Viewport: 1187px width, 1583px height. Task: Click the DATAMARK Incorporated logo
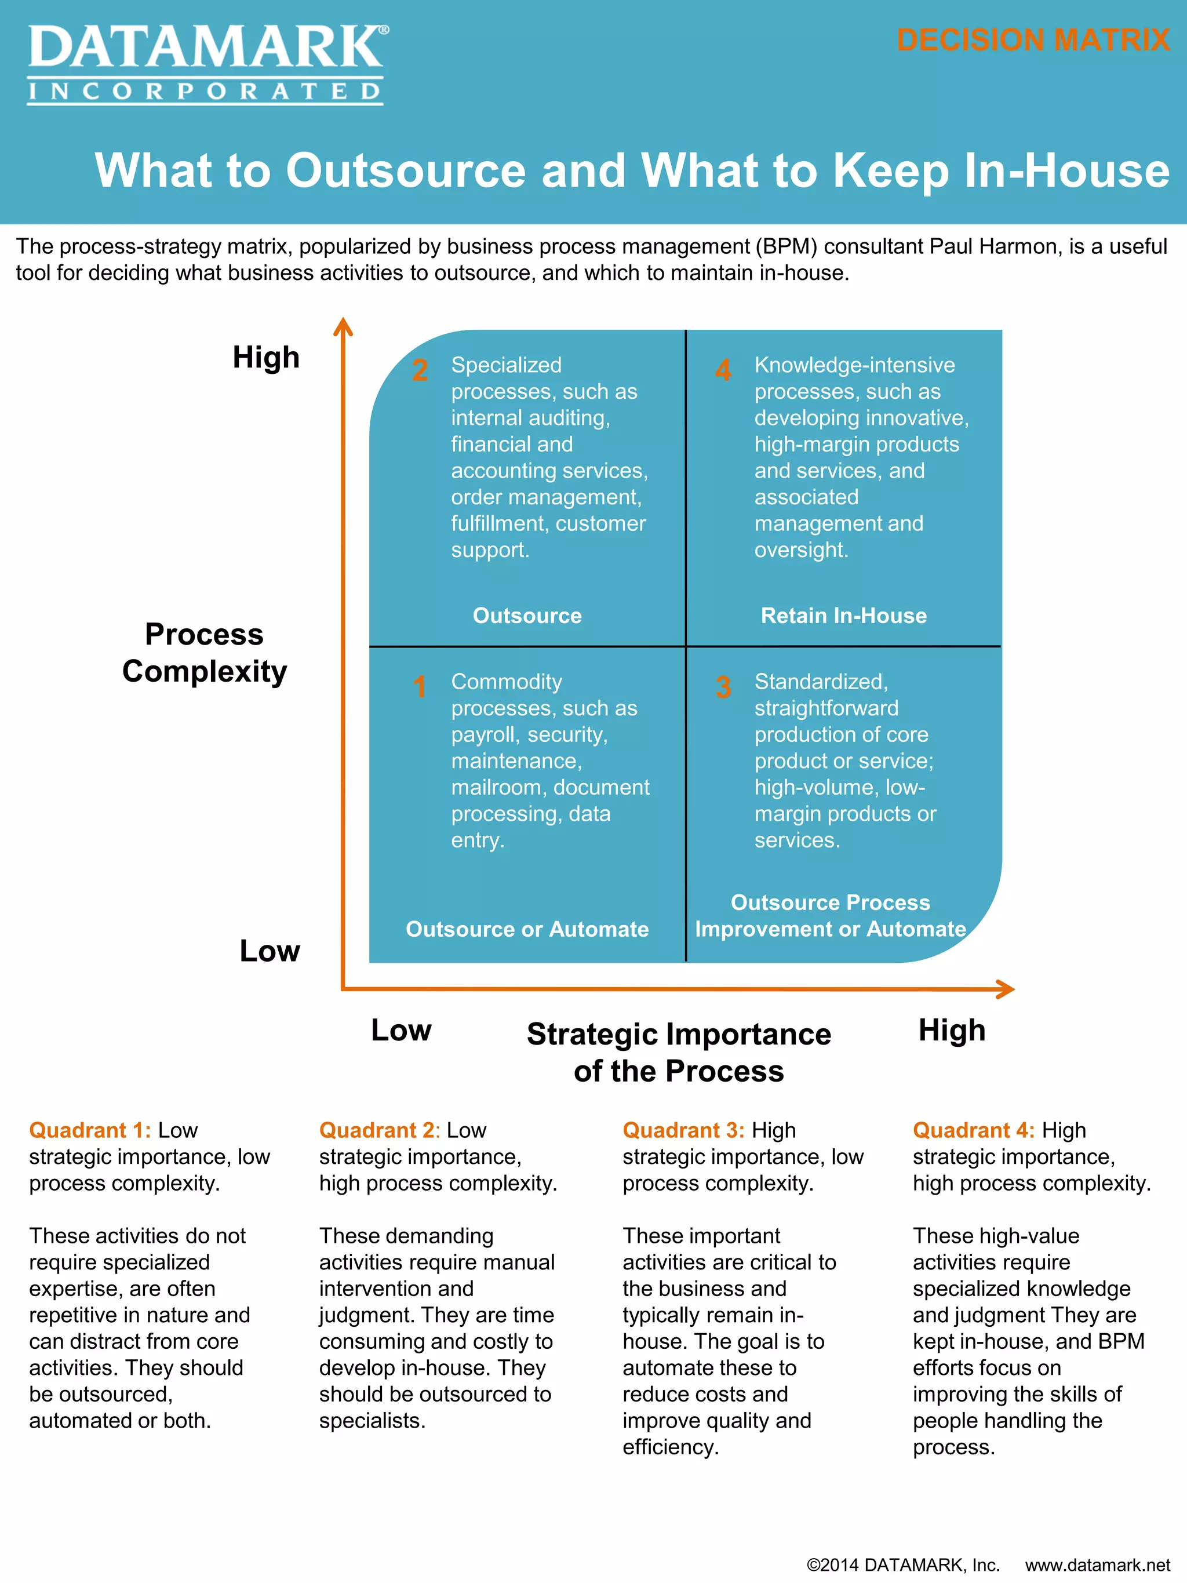click(207, 64)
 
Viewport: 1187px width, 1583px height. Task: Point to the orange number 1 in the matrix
click(420, 687)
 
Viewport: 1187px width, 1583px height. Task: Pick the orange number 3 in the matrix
click(723, 687)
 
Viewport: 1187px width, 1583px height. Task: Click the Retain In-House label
click(843, 616)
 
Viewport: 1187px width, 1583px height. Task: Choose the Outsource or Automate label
click(527, 929)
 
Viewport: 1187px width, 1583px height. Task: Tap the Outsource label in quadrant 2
click(527, 616)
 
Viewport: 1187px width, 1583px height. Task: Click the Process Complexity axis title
click(205, 653)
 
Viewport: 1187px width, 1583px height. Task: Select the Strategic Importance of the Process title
click(679, 1052)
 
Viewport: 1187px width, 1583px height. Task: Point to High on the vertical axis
click(266, 357)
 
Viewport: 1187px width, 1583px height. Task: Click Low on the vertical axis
click(270, 951)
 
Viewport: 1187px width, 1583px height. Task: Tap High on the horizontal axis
click(952, 1031)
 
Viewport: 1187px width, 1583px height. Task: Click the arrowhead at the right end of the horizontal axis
click(1006, 989)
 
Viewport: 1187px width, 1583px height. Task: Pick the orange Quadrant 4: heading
click(973, 1130)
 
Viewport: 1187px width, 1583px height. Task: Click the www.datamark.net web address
click(1098, 1565)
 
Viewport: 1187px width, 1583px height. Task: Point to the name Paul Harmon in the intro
click(995, 246)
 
